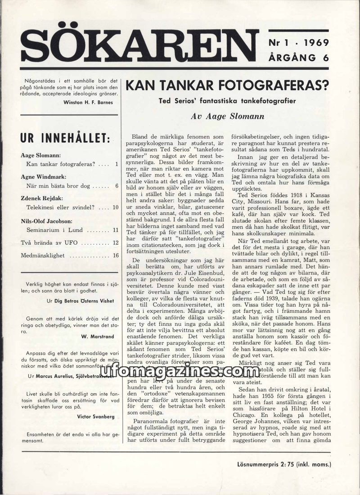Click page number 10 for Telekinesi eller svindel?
[115, 207]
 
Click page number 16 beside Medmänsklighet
[115, 255]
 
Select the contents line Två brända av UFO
[49, 243]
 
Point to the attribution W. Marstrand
[98, 336]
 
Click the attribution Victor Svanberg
[94, 417]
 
